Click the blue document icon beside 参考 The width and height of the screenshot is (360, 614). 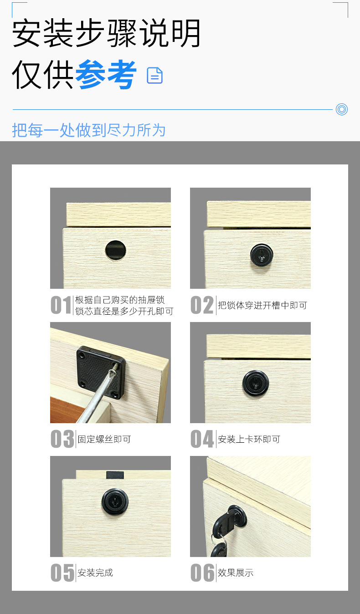pyautogui.click(x=155, y=75)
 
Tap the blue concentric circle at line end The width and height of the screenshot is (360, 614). pyautogui.click(x=342, y=109)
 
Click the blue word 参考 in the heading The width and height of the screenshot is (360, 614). pyautogui.click(x=106, y=74)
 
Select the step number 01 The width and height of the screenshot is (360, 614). pyautogui.click(x=61, y=305)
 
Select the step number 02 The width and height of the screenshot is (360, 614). pyautogui.click(x=202, y=305)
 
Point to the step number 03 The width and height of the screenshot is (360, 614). pyautogui.click(x=62, y=439)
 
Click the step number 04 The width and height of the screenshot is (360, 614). pyautogui.click(x=202, y=439)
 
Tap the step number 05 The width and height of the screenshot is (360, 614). pyautogui.click(x=62, y=573)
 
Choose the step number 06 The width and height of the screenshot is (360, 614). pyautogui.click(x=202, y=573)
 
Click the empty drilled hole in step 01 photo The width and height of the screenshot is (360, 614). pyautogui.click(x=116, y=250)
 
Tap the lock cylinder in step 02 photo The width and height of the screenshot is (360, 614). pyautogui.click(x=262, y=255)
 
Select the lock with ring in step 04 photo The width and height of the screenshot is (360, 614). pyautogui.click(x=256, y=383)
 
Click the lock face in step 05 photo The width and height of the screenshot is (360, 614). pyautogui.click(x=115, y=501)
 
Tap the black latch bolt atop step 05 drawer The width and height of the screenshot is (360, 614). pyautogui.click(x=115, y=475)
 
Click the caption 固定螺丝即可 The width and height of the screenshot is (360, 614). pyautogui.click(x=104, y=439)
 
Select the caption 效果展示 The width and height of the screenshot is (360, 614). pyautogui.click(x=236, y=573)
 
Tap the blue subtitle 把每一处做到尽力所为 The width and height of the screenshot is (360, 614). pyautogui.click(x=89, y=130)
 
